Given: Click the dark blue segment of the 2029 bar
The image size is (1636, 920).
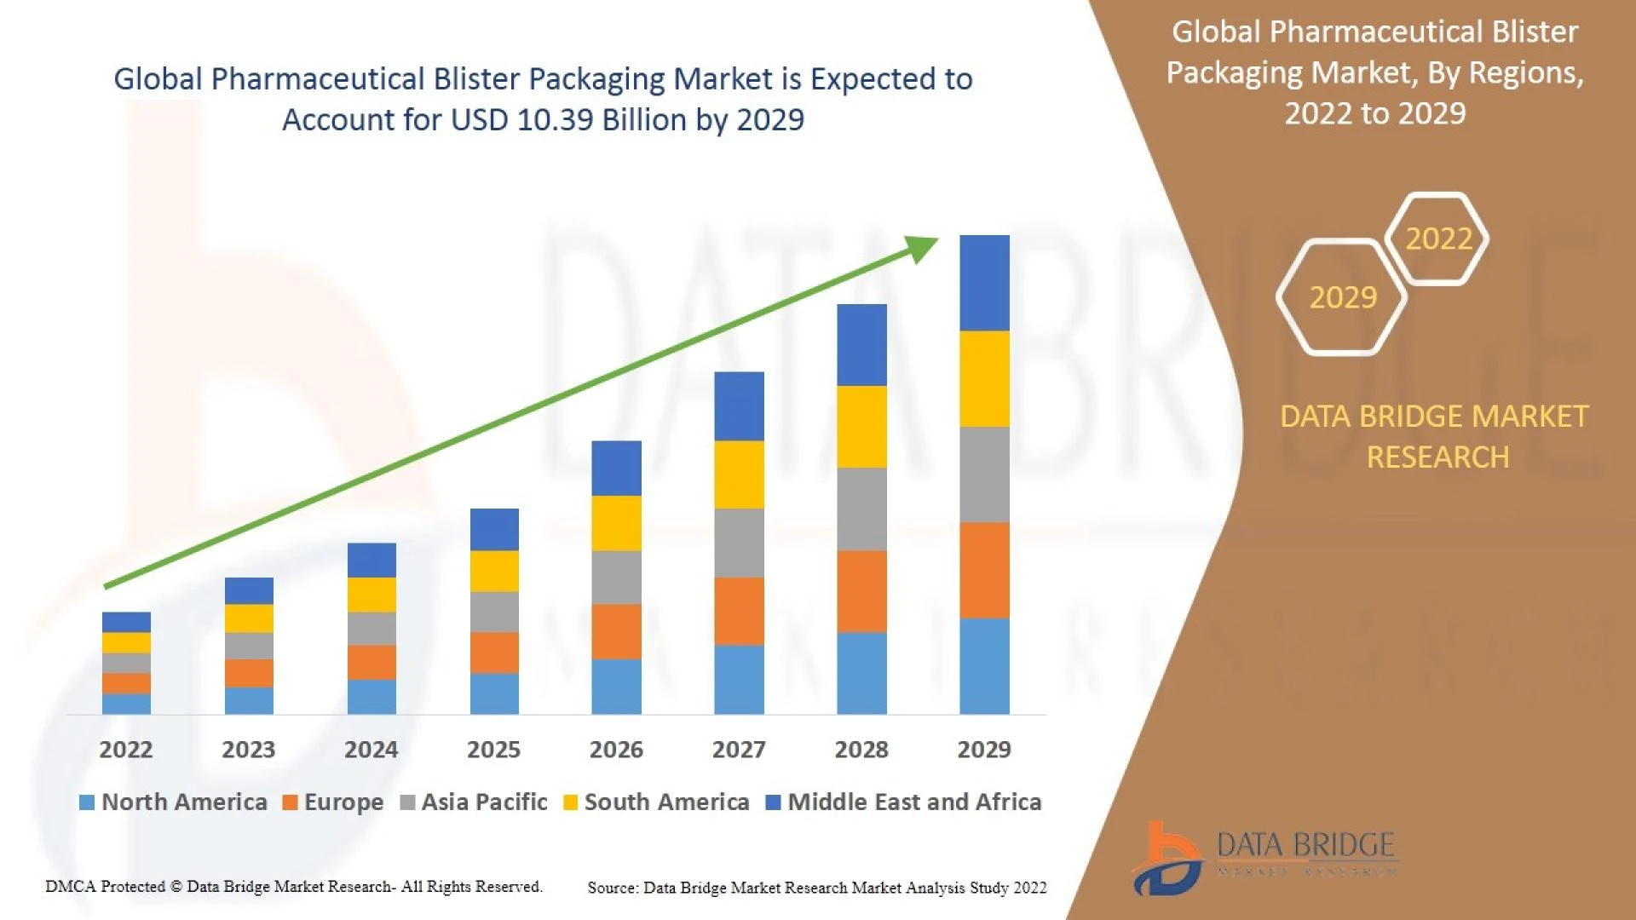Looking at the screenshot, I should [984, 283].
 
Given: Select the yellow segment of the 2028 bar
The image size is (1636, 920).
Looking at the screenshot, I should [861, 427].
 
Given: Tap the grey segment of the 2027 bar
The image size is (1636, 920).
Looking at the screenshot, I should [739, 543].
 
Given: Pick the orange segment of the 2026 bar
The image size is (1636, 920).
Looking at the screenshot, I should [616, 631].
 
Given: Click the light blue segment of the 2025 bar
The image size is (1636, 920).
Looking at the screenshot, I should [494, 693].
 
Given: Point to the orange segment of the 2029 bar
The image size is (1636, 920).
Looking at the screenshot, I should [984, 570].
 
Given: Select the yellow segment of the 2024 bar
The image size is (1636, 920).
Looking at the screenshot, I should [372, 595].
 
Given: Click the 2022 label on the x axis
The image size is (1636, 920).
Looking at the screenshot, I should [126, 750].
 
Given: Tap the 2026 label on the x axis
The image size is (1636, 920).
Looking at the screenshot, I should [616, 750].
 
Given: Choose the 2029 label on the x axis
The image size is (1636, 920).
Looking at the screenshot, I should [984, 750].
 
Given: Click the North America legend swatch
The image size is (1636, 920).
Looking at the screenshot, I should [86, 802].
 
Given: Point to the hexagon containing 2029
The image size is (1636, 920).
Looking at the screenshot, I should [1342, 297].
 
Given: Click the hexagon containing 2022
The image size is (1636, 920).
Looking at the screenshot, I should [1438, 239].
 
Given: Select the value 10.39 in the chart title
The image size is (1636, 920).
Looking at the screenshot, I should [555, 120].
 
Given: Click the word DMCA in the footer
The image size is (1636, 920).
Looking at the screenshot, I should [70, 887].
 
